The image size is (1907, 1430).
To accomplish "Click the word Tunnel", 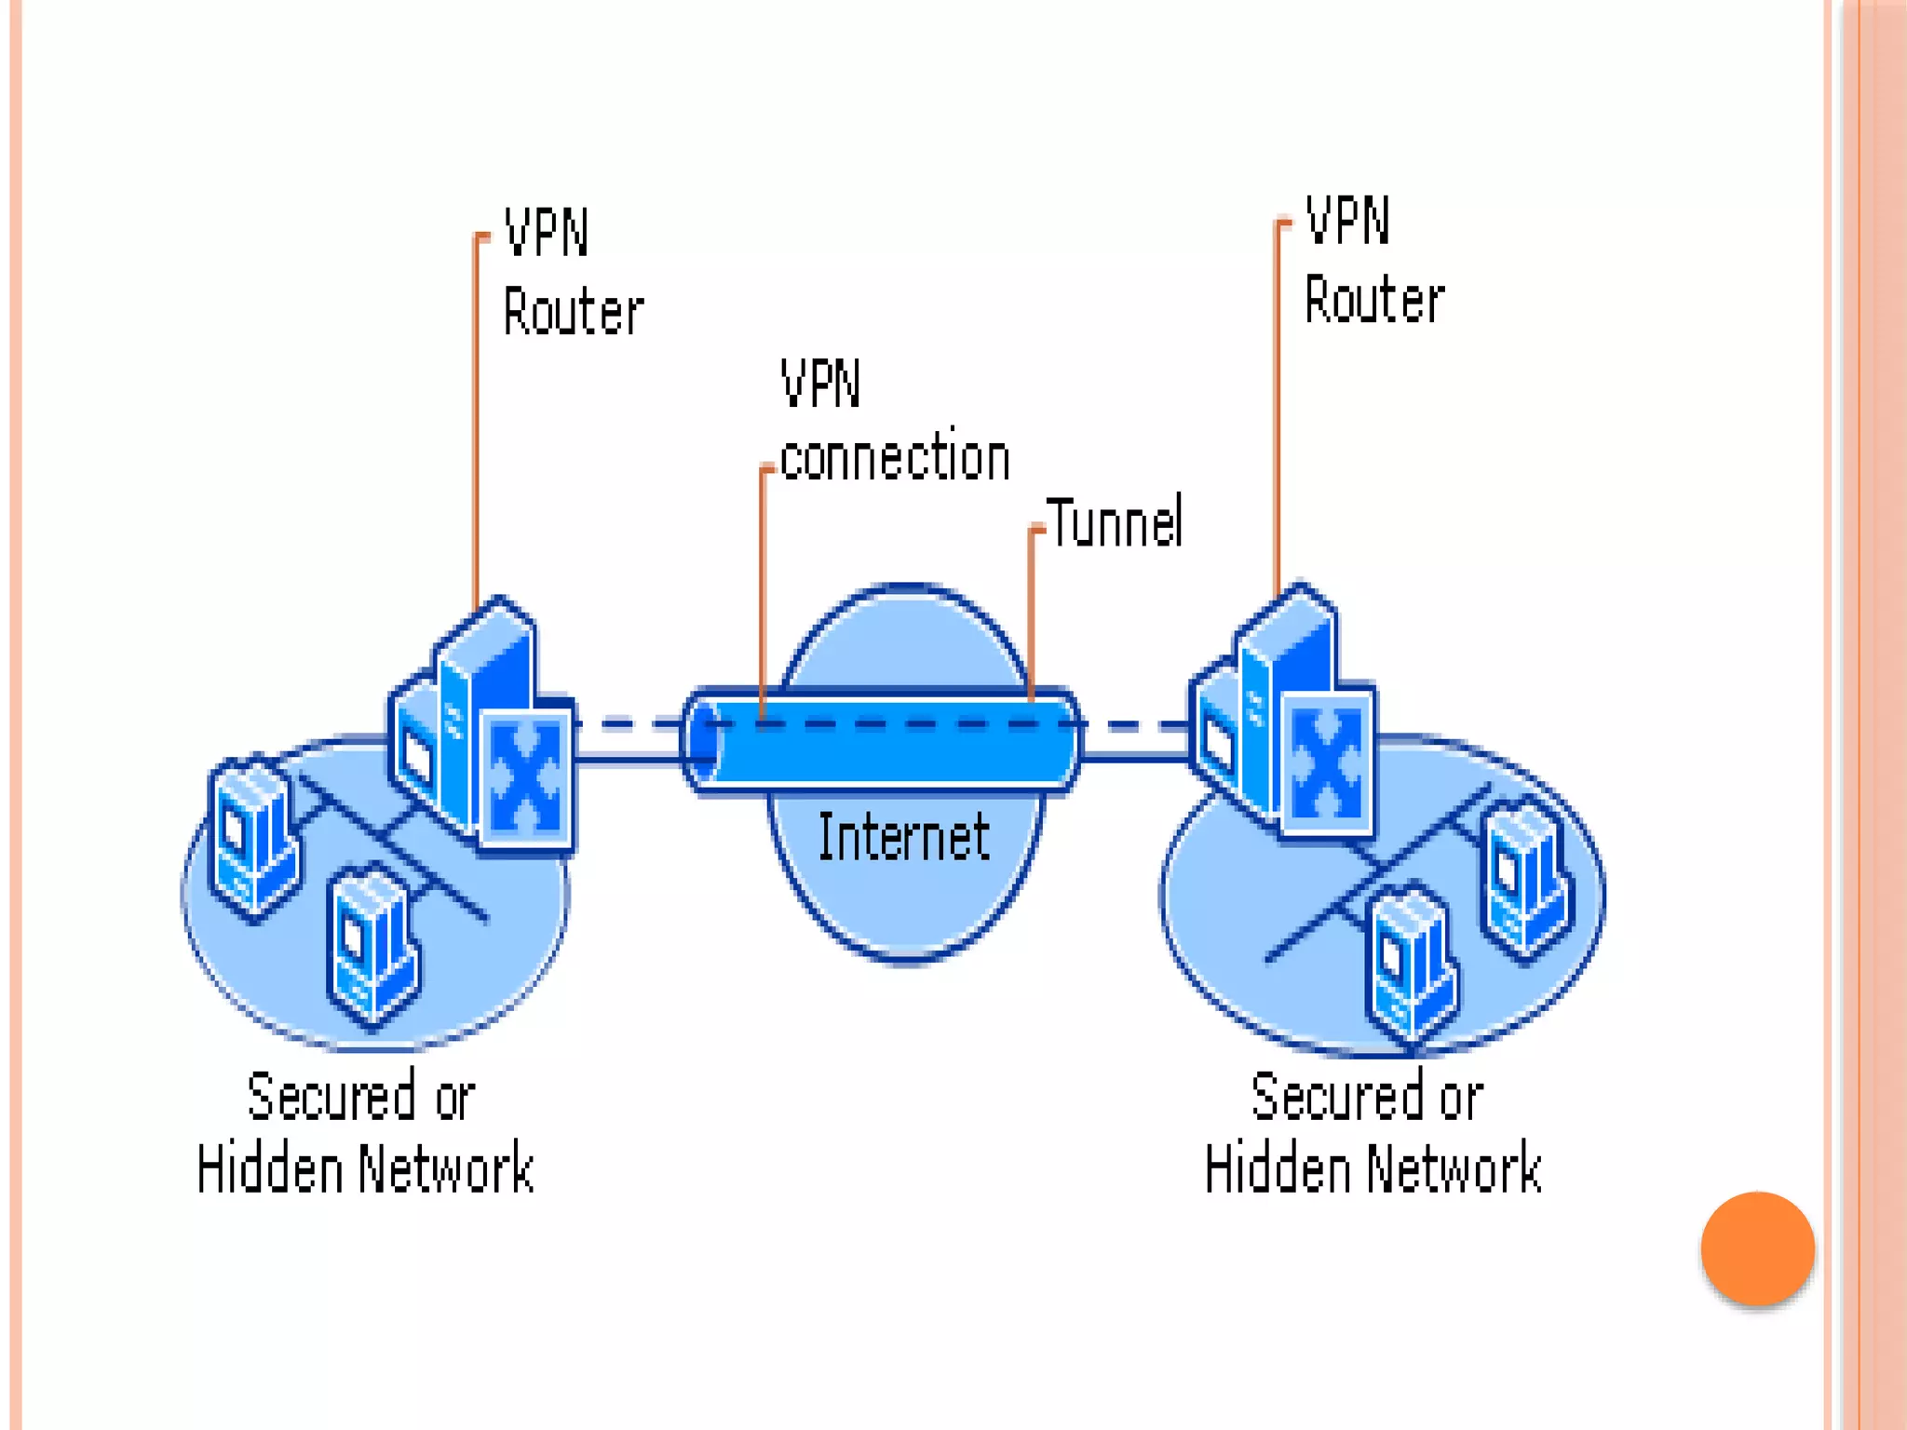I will [1115, 523].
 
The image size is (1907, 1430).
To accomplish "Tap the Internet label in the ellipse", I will [903, 837].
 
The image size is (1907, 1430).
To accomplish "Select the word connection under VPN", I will [895, 458].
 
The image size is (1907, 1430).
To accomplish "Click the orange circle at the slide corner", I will [1757, 1248].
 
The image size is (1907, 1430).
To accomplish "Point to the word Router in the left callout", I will [573, 312].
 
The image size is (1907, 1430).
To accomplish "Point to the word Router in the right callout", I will [1373, 301].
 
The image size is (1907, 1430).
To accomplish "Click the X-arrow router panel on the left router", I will [526, 777].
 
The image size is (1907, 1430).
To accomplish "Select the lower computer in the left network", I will [372, 945].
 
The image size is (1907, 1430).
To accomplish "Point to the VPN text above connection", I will [820, 384].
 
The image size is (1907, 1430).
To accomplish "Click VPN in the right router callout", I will [1346, 222].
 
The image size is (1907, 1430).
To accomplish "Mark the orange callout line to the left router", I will [476, 419].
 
